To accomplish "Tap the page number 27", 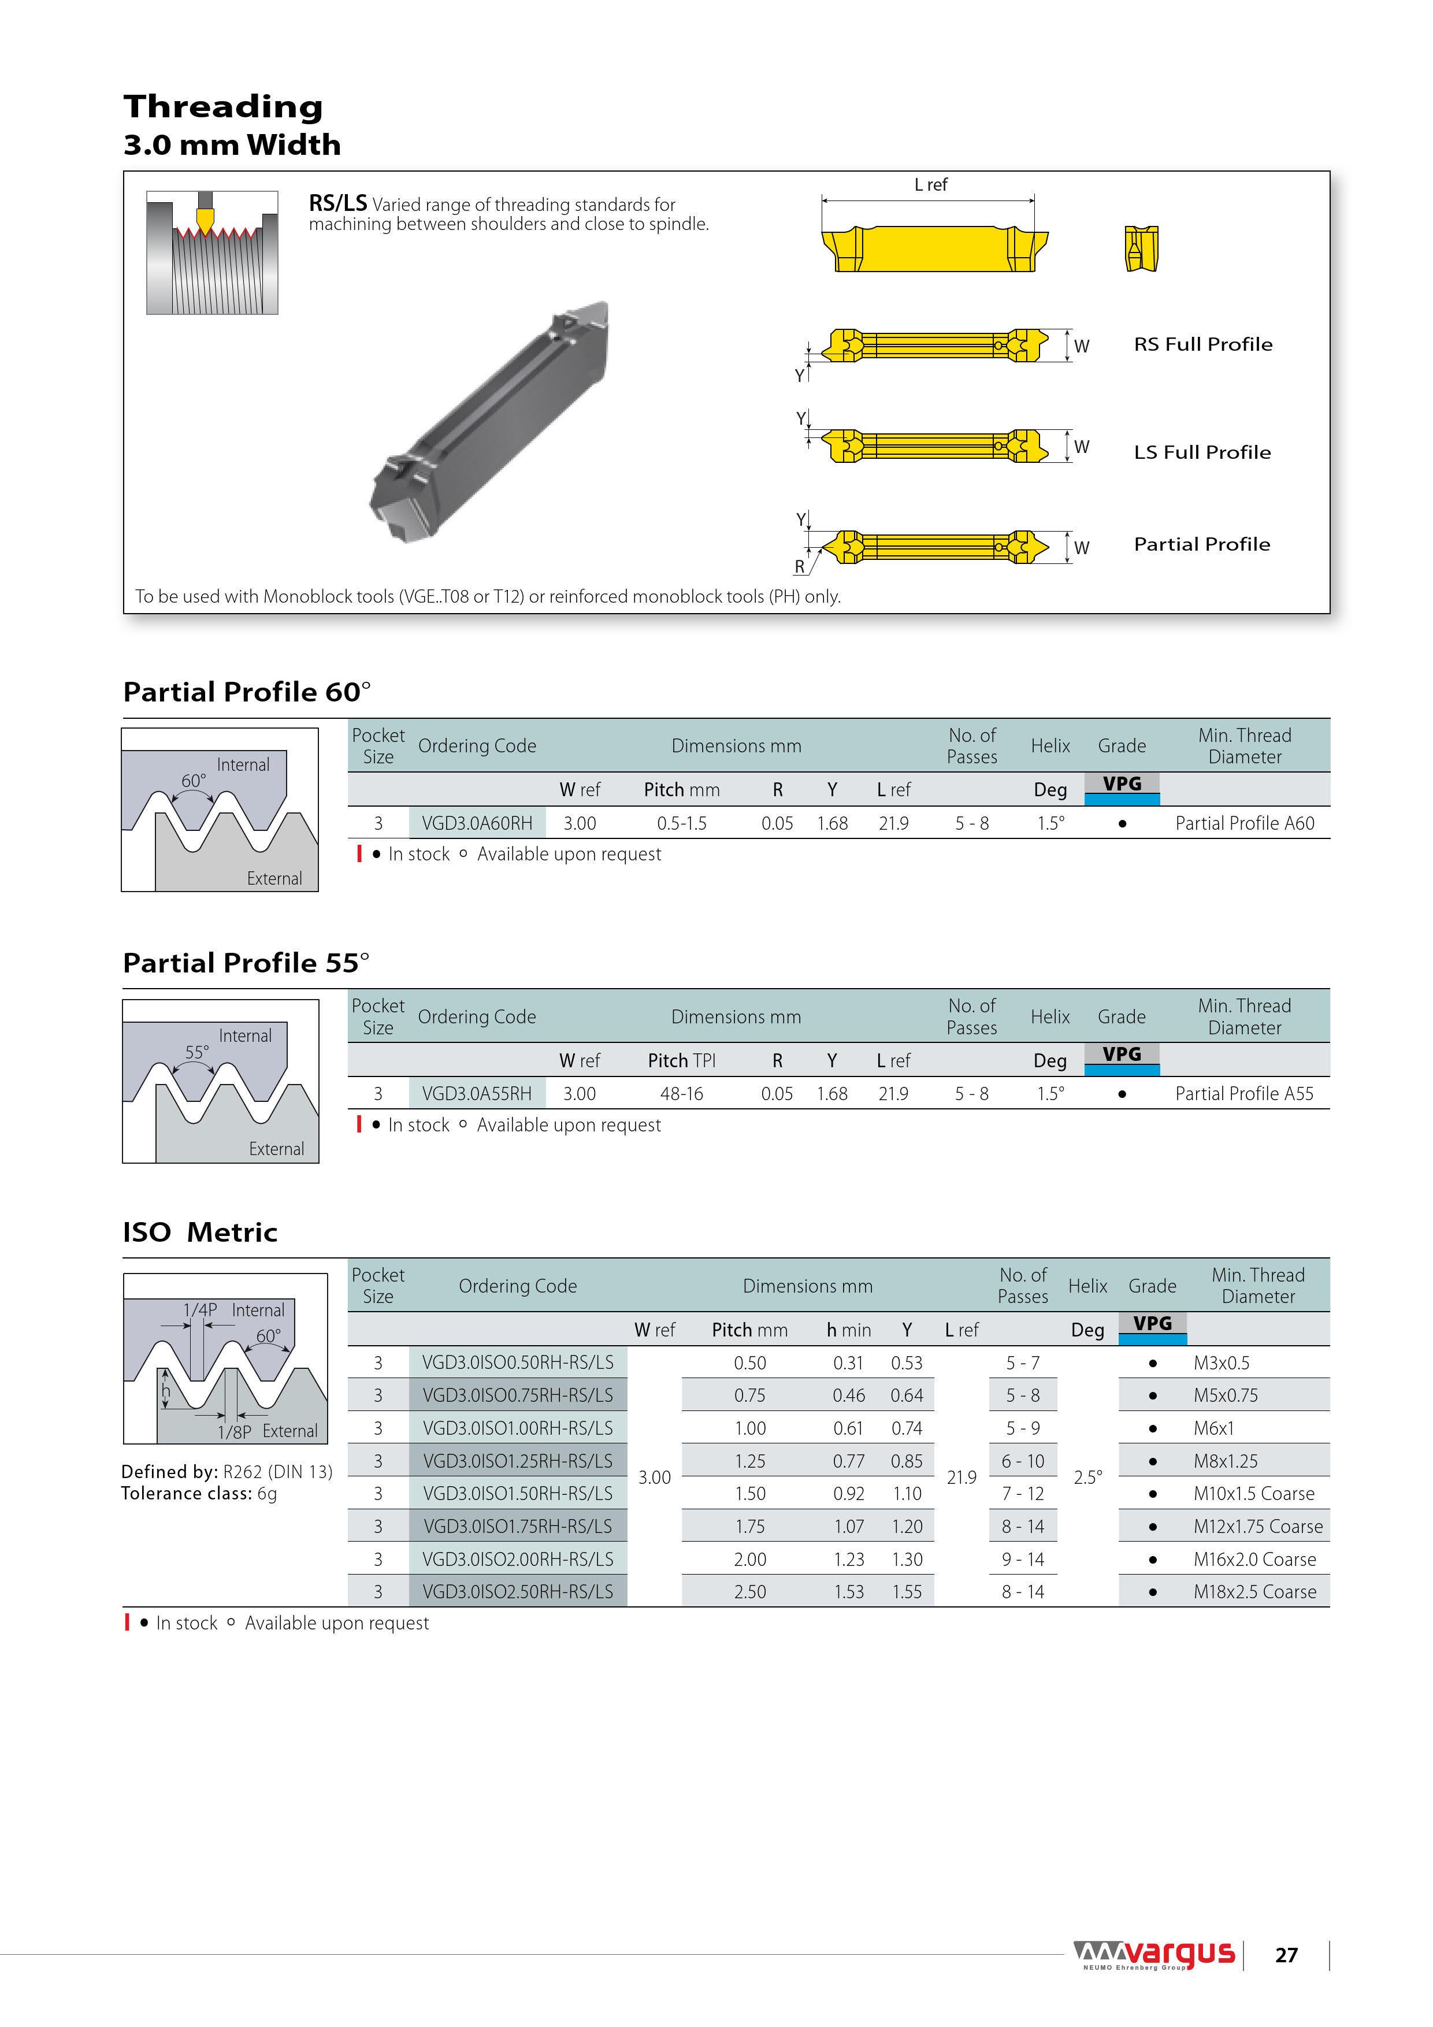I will pyautogui.click(x=1286, y=1955).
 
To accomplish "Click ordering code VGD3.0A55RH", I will pyautogui.click(x=477, y=1094).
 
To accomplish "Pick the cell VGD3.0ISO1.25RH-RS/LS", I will pyautogui.click(x=517, y=1461).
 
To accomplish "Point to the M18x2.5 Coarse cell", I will pyautogui.click(x=1254, y=1592).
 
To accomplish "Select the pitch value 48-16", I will pyautogui.click(x=682, y=1094).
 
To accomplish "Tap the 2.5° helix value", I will pyautogui.click(x=1088, y=1477).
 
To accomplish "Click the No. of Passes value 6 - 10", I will pyautogui.click(x=1022, y=1461).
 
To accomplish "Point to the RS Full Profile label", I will pyautogui.click(x=1202, y=344).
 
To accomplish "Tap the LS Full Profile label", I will pyautogui.click(x=1202, y=452).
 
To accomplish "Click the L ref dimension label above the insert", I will pyautogui.click(x=931, y=184).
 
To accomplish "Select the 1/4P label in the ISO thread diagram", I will pyautogui.click(x=199, y=1310).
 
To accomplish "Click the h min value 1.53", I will pyautogui.click(x=848, y=1592).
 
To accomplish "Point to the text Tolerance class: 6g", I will pyautogui.click(x=199, y=1494).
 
